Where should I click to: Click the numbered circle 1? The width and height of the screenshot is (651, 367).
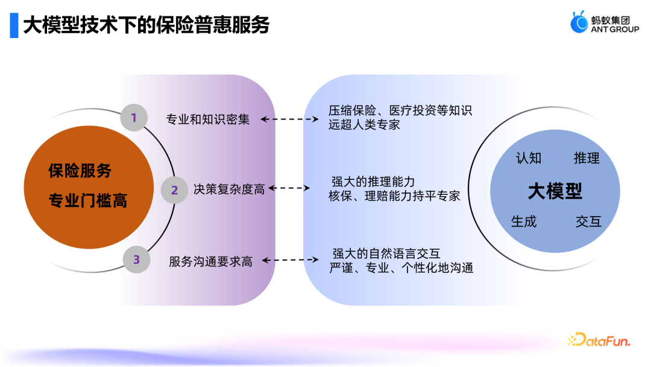134,118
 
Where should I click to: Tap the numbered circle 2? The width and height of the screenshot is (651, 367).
174,190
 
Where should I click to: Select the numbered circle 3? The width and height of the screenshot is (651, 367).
137,260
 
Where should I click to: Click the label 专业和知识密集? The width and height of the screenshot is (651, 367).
207,120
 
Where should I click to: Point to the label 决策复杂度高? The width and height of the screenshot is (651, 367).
229,190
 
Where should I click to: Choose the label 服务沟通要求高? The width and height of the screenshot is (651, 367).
210,261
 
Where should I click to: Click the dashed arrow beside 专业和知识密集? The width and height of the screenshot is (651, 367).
289,120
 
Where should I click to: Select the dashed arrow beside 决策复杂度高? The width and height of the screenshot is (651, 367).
289,188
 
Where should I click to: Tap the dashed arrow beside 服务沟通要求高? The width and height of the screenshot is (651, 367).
290,260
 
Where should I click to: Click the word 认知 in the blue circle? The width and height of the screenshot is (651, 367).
529,158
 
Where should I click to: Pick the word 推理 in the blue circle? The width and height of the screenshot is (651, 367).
587,158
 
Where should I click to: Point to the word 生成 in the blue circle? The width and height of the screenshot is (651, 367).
524,222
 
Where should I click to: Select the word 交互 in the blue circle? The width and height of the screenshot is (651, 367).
589,222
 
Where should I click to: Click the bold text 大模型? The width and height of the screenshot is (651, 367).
555,191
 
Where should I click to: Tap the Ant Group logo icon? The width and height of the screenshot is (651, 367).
579,22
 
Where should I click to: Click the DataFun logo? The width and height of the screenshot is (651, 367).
599,340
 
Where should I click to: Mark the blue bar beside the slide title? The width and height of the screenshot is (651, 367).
14,25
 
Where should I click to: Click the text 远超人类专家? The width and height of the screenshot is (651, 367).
364,125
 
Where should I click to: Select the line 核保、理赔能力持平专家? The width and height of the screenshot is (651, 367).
394,196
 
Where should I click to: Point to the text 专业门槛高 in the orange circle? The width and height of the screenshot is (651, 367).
88,201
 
